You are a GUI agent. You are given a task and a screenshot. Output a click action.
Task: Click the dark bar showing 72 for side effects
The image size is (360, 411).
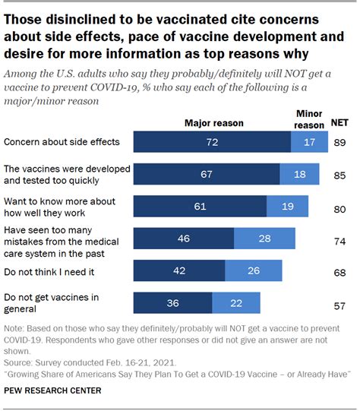click(212, 142)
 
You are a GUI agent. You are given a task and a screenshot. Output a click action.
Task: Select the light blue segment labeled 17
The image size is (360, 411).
click(309, 142)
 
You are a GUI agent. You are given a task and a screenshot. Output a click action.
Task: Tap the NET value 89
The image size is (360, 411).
click(339, 142)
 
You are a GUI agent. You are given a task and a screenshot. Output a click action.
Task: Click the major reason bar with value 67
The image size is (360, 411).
click(207, 175)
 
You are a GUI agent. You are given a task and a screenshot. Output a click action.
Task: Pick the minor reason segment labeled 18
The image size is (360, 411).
click(300, 175)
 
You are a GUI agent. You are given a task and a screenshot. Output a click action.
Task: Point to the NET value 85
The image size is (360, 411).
click(339, 175)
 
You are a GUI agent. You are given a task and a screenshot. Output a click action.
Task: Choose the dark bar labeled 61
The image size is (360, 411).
click(200, 207)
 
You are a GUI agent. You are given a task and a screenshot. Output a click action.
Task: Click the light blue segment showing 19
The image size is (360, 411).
click(288, 207)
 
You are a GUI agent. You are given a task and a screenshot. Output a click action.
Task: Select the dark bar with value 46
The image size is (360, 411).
click(184, 239)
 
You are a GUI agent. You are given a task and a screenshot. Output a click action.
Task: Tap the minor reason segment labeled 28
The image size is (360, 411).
click(264, 239)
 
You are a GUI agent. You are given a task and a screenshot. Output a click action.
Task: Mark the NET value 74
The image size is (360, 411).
click(339, 239)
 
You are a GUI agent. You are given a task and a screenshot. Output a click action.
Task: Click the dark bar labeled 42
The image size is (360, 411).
click(179, 270)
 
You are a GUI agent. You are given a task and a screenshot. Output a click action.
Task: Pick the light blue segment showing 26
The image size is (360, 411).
click(253, 270)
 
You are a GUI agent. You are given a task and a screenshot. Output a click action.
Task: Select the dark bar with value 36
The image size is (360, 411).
click(172, 302)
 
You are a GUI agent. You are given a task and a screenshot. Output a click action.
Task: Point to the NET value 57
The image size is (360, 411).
click(339, 302)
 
